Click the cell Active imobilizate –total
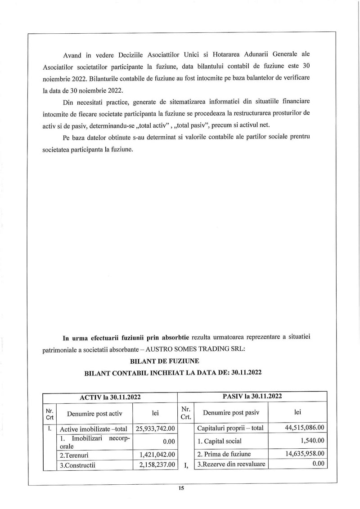pos(94,429)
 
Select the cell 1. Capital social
pos(220,441)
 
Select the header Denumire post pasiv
pos(231,412)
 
